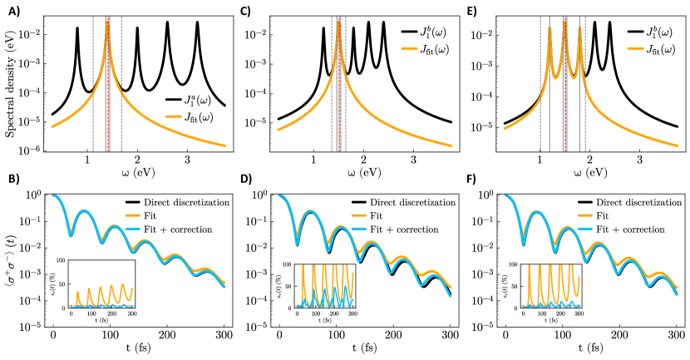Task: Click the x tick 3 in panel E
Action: [639, 160]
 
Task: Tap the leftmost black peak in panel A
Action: [77, 29]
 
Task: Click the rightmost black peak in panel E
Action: [609, 23]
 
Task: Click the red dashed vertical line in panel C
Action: [339, 83]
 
